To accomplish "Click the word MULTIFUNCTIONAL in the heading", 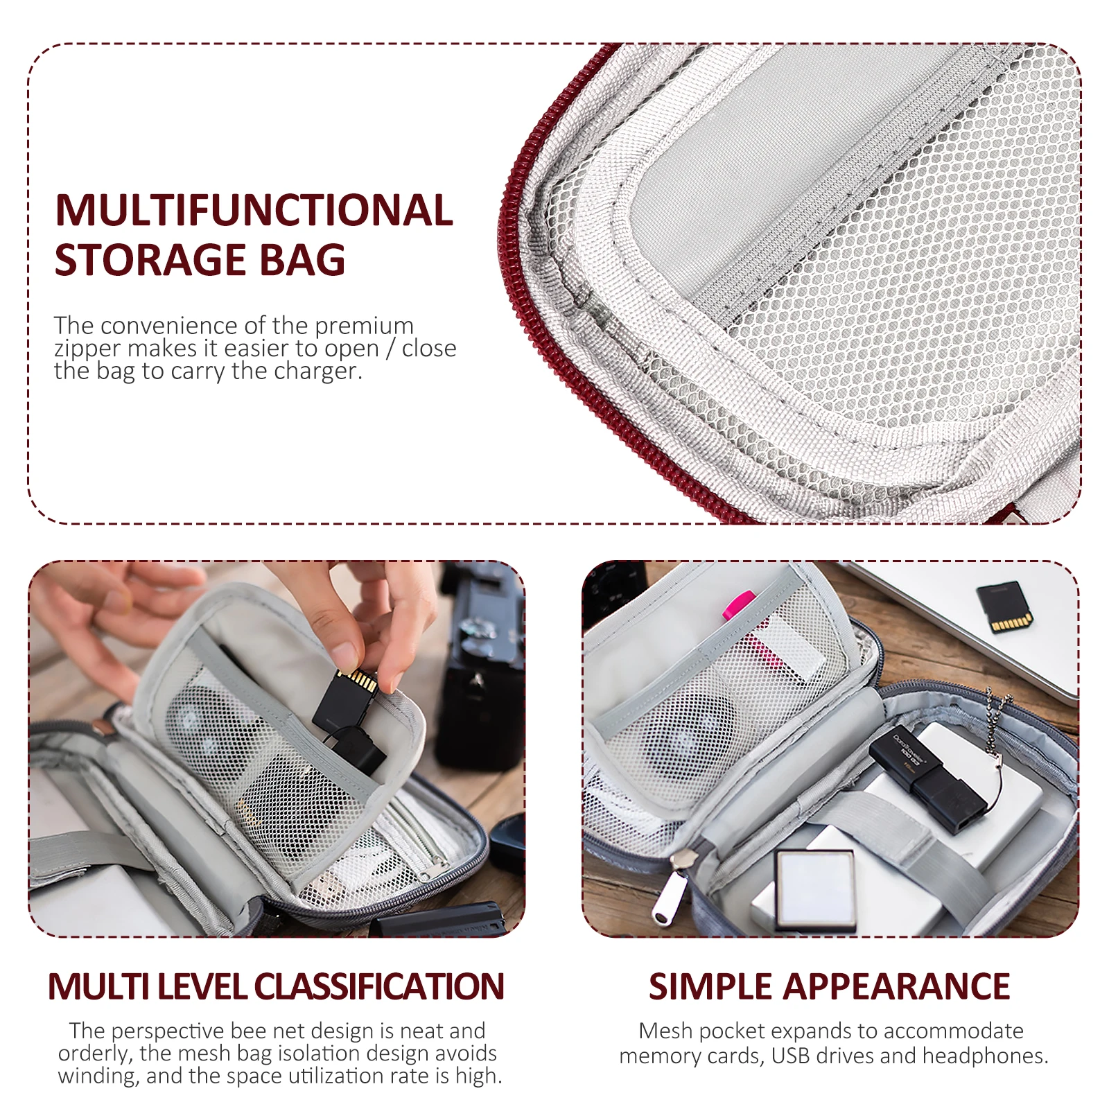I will [254, 210].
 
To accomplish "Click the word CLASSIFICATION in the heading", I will [378, 986].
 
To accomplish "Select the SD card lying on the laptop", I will [1004, 607].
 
